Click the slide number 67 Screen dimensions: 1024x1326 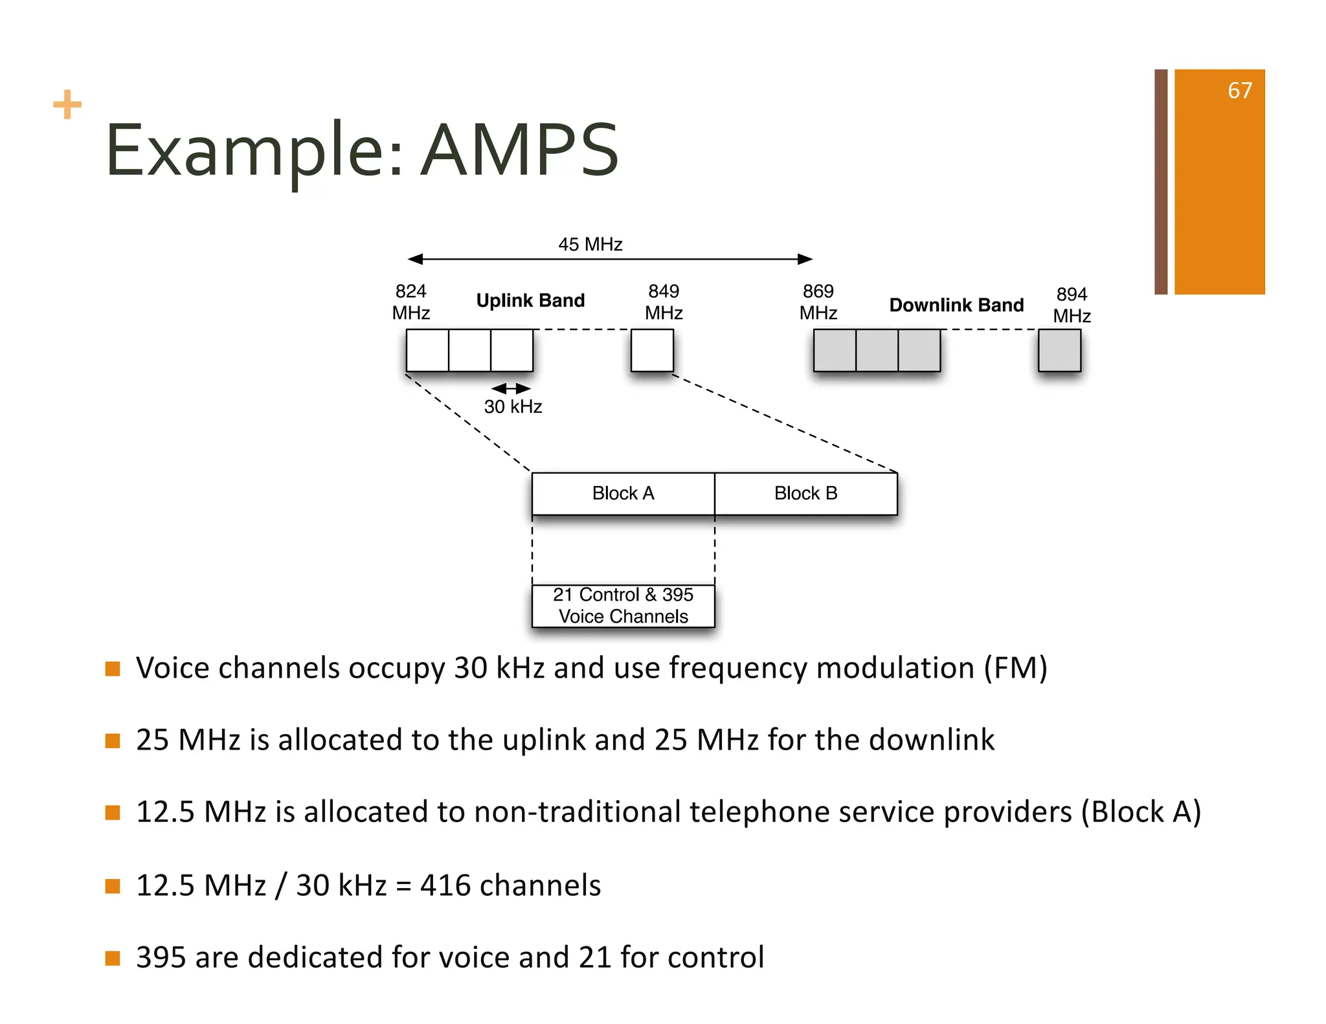[1239, 91]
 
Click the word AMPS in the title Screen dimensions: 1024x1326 [520, 151]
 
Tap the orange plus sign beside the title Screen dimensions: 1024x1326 [67, 105]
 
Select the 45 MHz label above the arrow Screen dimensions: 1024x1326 [590, 245]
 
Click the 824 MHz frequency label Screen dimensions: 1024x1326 [410, 302]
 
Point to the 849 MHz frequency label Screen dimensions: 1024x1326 [664, 302]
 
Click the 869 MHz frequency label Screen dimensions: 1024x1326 [818, 302]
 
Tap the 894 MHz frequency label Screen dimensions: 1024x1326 [1072, 305]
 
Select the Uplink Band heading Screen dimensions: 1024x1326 [530, 300]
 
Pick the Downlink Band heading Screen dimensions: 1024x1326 [956, 305]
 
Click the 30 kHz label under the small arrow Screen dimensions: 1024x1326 [513, 406]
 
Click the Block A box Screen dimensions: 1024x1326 [623, 494]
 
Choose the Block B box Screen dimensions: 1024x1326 [806, 494]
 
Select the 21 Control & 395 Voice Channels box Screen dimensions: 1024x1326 [623, 606]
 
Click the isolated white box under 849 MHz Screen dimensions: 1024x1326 [652, 350]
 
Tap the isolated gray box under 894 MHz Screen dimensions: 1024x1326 [1059, 350]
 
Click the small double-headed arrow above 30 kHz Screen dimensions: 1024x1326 [511, 388]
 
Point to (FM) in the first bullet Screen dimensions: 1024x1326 [1015, 668]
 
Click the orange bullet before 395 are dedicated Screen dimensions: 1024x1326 [113, 958]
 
